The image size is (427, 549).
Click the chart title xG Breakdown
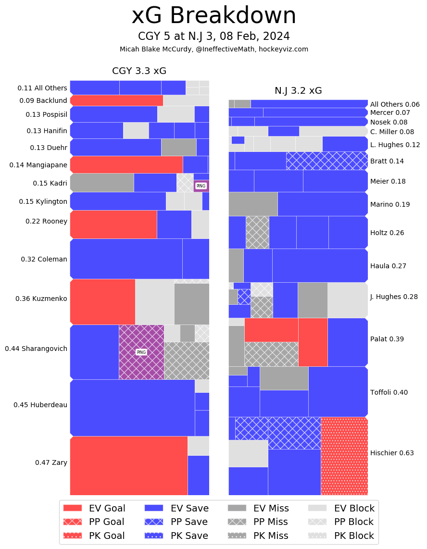click(x=213, y=16)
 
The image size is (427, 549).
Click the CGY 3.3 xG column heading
click(x=139, y=71)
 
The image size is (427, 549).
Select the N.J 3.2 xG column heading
click(x=298, y=91)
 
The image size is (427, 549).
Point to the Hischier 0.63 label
click(x=392, y=453)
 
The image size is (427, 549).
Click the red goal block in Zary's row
click(x=128, y=465)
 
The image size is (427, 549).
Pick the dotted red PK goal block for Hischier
click(x=344, y=456)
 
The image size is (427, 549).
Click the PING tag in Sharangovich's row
click(x=141, y=352)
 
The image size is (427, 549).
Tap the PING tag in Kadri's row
click(x=201, y=186)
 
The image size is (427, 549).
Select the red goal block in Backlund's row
click(x=117, y=100)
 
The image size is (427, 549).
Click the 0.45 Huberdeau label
click(x=40, y=405)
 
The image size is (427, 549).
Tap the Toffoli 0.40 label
click(x=389, y=392)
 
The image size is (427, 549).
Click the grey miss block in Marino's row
click(x=253, y=204)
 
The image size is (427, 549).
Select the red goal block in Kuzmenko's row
click(x=103, y=301)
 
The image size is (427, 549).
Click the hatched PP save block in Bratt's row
click(x=327, y=161)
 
